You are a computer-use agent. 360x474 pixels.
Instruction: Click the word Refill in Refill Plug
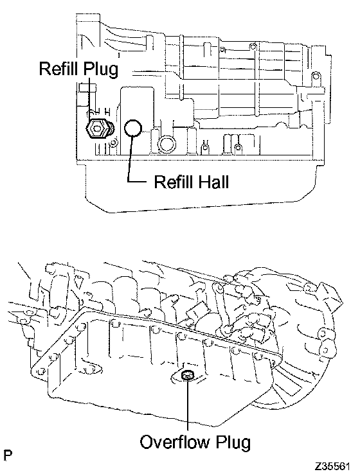pyautogui.click(x=59, y=69)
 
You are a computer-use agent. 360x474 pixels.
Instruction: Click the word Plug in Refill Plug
pyautogui.click(x=100, y=70)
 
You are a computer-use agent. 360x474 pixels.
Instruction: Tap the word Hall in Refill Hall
pyautogui.click(x=213, y=182)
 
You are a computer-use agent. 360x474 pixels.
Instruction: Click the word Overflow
pyautogui.click(x=175, y=442)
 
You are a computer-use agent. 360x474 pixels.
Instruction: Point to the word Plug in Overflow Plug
pyautogui.click(x=233, y=443)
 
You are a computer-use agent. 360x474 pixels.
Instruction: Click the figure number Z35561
pyautogui.click(x=332, y=466)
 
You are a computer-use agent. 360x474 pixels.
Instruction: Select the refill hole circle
pyautogui.click(x=133, y=128)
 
